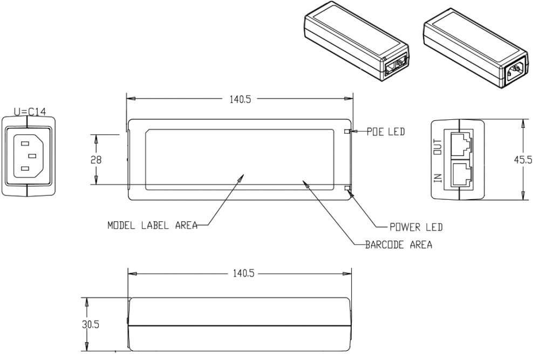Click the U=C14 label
pos(30,112)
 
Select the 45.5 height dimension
pos(522,160)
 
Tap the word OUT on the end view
pos(438,146)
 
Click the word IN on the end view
pos(438,176)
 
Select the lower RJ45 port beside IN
pos(460,174)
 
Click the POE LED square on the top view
pos(347,131)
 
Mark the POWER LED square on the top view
pos(347,189)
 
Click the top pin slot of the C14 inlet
pos(25,144)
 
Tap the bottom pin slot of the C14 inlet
pos(25,169)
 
